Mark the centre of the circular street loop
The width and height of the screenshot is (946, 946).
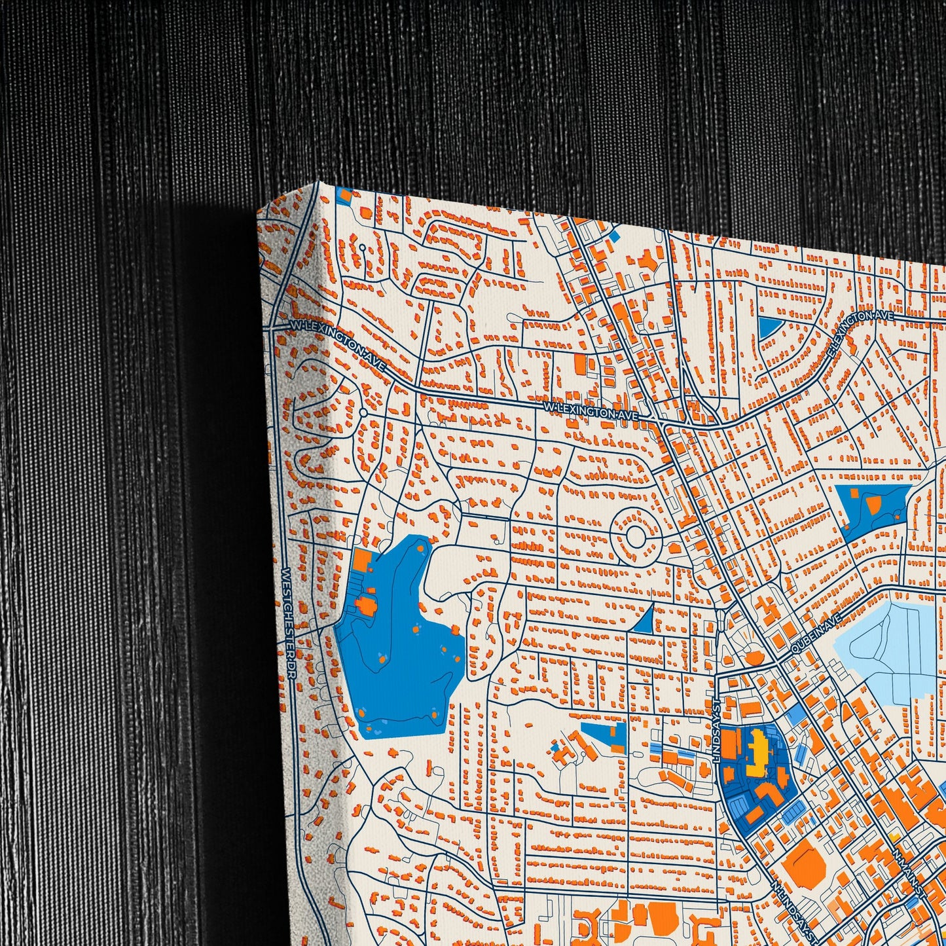(634, 536)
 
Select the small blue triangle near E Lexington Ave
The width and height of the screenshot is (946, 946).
(767, 327)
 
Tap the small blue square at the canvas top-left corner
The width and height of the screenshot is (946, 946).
(343, 193)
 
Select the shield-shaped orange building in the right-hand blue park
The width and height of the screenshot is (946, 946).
(873, 504)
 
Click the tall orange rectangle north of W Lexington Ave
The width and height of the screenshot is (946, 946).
(579, 364)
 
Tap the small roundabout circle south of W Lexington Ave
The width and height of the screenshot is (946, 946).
(362, 413)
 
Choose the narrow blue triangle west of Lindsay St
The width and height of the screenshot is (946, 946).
(644, 620)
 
